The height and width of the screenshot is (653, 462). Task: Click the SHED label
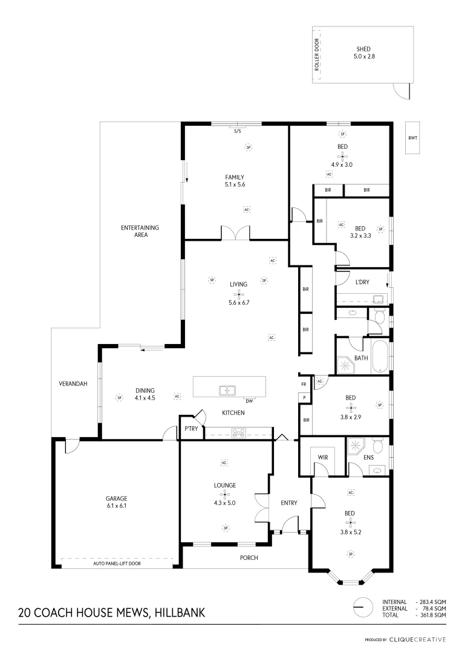coord(363,49)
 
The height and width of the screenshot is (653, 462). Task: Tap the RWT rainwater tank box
coord(413,138)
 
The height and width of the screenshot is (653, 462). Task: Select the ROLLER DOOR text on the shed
coord(316,55)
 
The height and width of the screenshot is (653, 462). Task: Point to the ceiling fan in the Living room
coord(238,296)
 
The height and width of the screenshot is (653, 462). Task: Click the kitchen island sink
coord(228,390)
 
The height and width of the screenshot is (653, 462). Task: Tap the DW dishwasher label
coord(249,401)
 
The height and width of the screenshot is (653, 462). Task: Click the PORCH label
coord(248,557)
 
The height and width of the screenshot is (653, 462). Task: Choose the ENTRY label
coord(288,503)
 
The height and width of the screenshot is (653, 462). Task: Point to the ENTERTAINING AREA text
coord(140,231)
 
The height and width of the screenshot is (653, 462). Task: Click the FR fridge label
coord(303,384)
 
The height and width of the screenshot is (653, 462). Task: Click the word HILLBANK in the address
coord(180,612)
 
